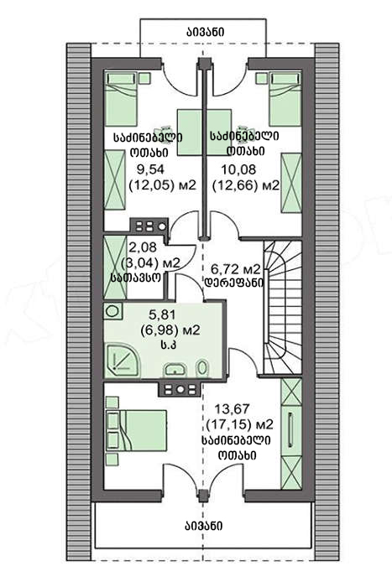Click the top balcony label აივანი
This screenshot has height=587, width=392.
[206, 32]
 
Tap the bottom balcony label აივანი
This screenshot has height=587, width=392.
[203, 526]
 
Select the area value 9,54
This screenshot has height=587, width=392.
[150, 169]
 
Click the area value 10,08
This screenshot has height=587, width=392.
[238, 169]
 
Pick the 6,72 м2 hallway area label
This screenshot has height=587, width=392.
[236, 269]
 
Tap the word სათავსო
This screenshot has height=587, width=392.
[136, 278]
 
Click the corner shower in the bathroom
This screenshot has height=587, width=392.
[123, 361]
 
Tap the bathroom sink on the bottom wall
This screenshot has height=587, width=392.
[175, 369]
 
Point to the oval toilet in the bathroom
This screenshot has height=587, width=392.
[202, 367]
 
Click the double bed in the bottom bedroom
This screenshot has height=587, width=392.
[137, 430]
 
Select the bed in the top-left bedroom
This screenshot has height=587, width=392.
[121, 99]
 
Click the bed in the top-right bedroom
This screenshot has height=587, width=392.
[285, 99]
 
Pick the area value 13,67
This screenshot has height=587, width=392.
[228, 408]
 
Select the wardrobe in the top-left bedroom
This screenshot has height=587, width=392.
[114, 179]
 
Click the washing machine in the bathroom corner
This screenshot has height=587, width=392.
[113, 311]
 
